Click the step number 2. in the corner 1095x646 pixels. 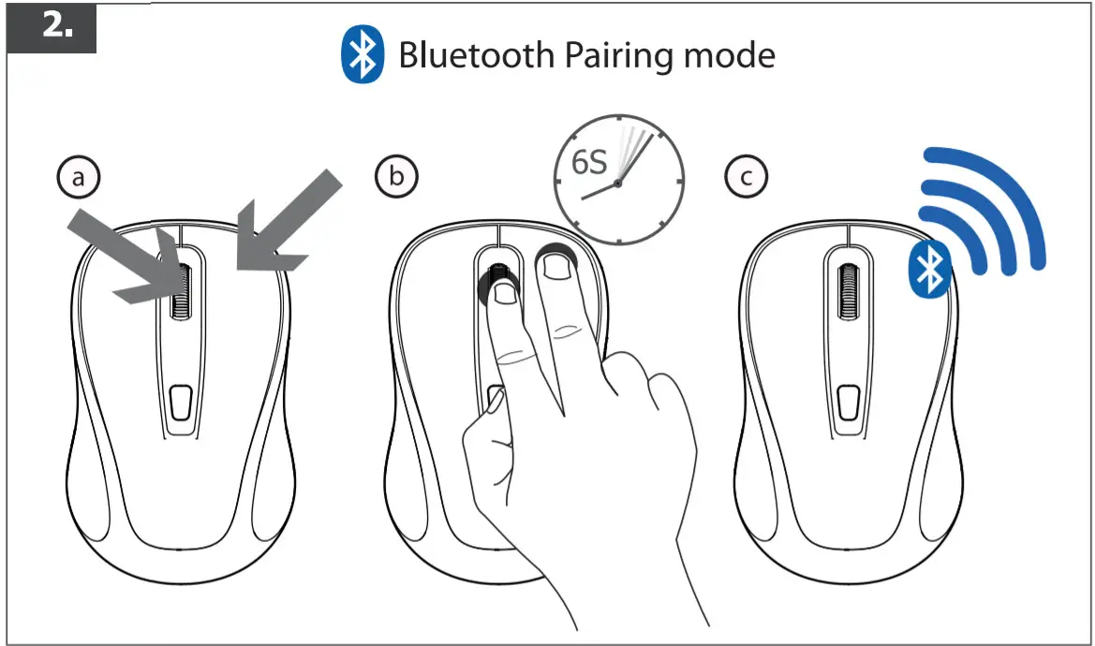click(58, 26)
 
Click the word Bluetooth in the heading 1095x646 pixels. click(476, 55)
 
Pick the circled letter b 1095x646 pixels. click(396, 176)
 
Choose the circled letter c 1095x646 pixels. click(747, 176)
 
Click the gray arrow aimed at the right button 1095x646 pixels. click(286, 220)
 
